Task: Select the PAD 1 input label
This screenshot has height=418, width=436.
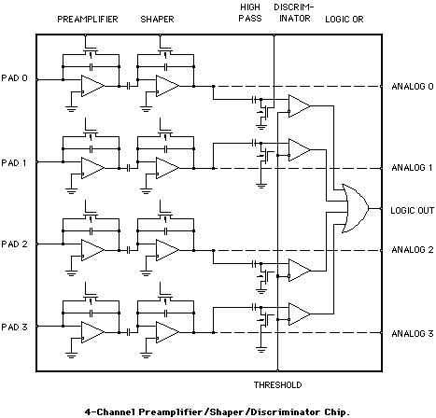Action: (16, 162)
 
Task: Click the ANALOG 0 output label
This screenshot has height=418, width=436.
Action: (411, 87)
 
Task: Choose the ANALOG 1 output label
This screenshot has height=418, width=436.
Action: (411, 168)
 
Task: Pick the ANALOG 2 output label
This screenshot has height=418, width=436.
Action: (411, 249)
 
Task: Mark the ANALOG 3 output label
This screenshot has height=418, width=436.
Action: (411, 333)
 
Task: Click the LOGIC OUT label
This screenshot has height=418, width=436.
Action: (411, 210)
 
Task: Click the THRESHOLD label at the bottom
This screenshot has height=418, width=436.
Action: (275, 384)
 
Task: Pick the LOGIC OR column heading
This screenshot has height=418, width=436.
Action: (345, 19)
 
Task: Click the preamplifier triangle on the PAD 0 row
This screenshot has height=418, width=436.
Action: (92, 87)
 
